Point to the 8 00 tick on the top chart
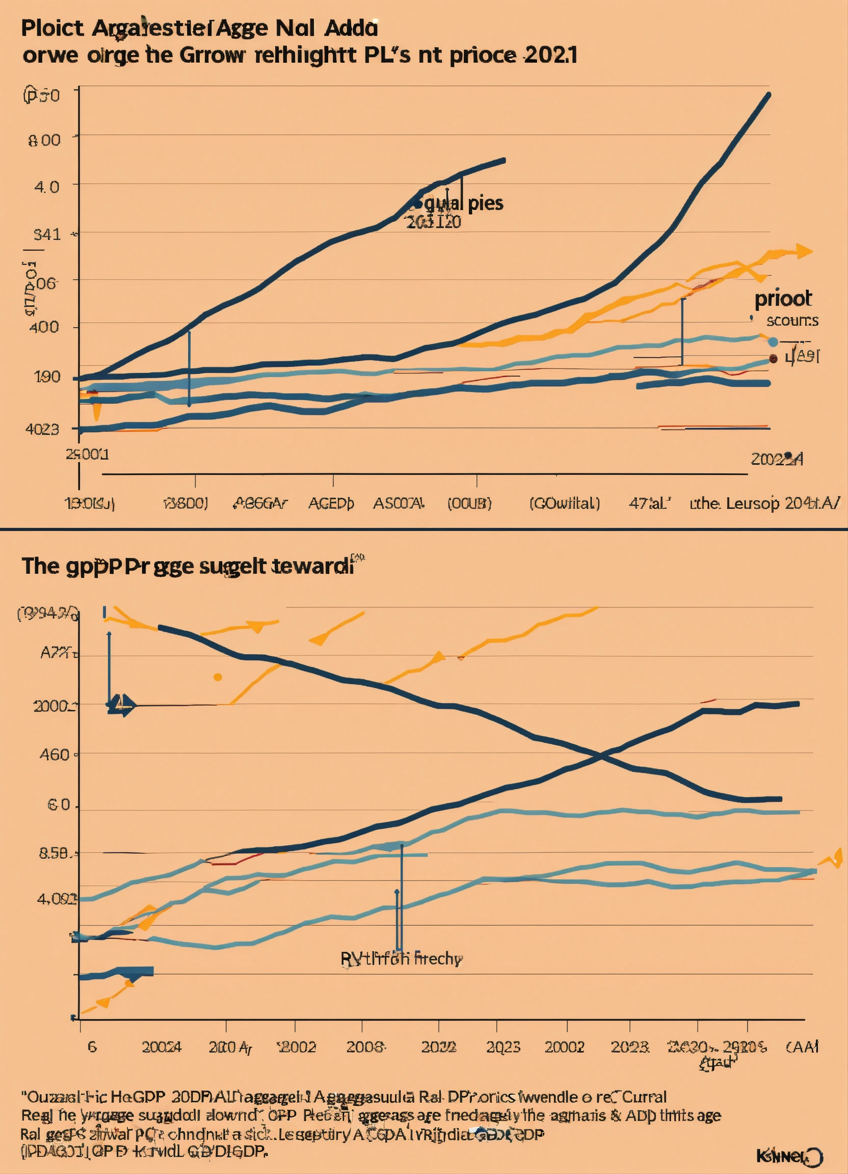(44, 140)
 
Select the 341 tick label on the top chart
(47, 234)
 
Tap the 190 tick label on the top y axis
(47, 377)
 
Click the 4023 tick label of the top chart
(42, 429)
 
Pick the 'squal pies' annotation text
(463, 203)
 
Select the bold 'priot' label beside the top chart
(783, 299)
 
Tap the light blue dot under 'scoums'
(773, 341)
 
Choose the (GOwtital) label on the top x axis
(564, 503)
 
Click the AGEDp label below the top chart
(331, 503)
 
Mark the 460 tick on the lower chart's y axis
(55, 755)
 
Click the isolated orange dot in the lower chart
(218, 677)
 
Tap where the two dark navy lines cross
(599, 757)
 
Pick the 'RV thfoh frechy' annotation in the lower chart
(402, 958)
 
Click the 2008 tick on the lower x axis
(365, 1047)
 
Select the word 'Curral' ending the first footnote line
(644, 1097)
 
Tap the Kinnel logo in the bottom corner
(789, 1155)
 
